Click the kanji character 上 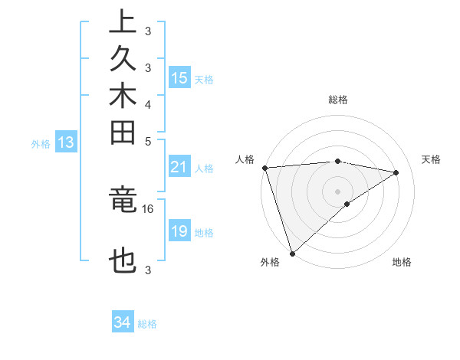click(x=123, y=21)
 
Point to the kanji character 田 click(x=123, y=134)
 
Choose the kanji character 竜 click(x=123, y=200)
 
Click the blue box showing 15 click(x=179, y=77)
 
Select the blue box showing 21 click(x=179, y=168)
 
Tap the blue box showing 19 click(x=179, y=231)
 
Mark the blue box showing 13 click(x=66, y=142)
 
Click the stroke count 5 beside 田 click(x=148, y=142)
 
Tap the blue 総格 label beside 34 click(x=147, y=324)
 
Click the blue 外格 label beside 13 click(x=41, y=143)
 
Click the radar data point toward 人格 click(x=264, y=168)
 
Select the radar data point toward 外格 click(x=293, y=252)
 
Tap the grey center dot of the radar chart click(x=338, y=191)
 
